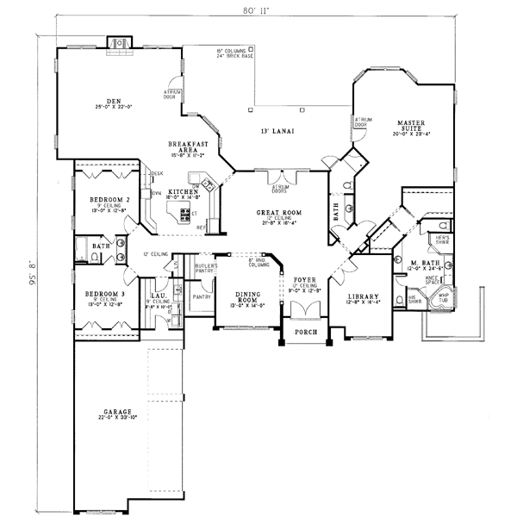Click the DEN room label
tap(113, 101)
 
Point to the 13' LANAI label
tap(278, 132)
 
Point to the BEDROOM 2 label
tap(109, 200)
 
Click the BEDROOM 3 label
tap(106, 294)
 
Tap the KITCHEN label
tap(184, 191)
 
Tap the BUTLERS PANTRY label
tap(204, 269)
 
